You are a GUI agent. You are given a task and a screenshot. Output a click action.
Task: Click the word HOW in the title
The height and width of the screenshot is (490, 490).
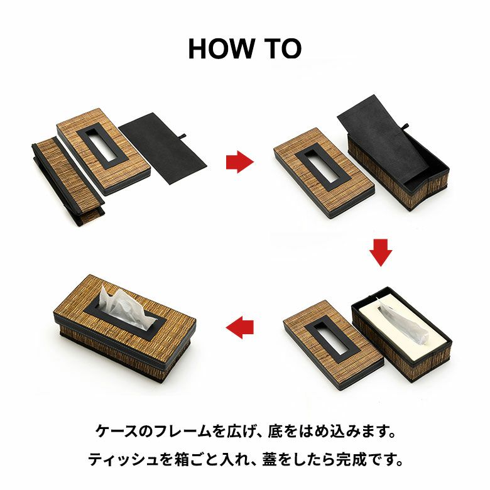[221, 49]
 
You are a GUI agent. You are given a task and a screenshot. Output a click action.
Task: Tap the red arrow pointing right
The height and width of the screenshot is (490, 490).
[240, 162]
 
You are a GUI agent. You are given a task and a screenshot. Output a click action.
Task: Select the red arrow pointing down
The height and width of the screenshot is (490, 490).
[381, 253]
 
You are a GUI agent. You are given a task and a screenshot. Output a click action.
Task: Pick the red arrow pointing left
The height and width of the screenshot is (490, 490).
[240, 327]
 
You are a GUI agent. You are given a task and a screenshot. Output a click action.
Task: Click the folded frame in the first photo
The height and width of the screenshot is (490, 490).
[68, 182]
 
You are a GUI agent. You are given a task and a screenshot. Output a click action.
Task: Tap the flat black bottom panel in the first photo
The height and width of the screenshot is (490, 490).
[163, 148]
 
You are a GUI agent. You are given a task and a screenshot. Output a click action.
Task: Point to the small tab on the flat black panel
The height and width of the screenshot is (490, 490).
[183, 136]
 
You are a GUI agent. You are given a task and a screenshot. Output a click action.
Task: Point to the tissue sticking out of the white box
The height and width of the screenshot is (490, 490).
[403, 324]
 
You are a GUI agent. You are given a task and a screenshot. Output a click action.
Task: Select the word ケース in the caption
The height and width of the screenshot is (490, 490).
[116, 432]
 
